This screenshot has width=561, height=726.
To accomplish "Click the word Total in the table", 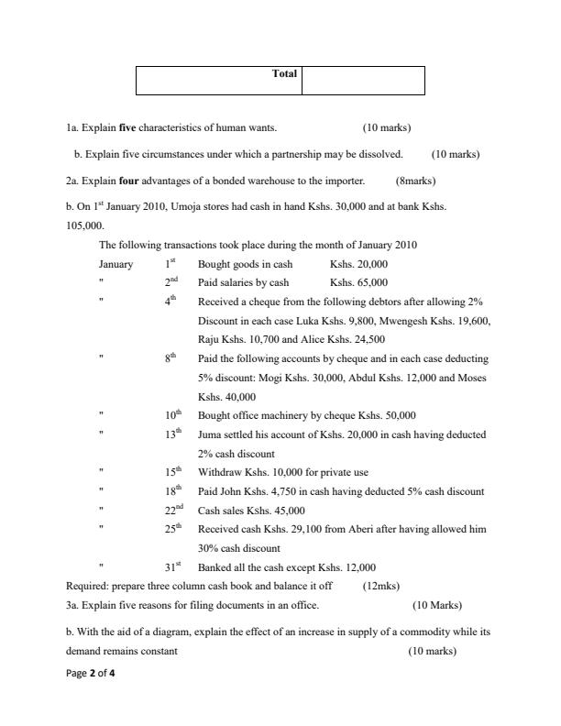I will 285,73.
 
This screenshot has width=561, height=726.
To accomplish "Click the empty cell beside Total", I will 362,80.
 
